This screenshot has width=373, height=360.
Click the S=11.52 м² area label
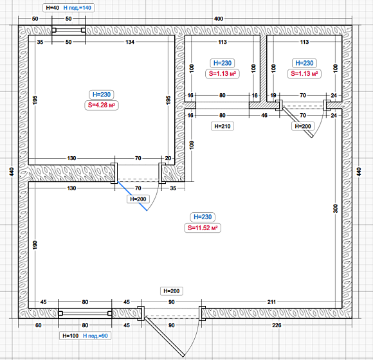203,228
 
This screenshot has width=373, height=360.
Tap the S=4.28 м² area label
102,105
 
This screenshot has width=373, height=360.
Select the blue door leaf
132,196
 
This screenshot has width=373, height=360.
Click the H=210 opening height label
223,126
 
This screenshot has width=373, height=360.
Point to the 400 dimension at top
219,19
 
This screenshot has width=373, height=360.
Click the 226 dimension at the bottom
277,325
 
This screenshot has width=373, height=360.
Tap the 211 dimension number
271,302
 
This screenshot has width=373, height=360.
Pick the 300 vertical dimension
335,208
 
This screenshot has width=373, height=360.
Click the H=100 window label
70,336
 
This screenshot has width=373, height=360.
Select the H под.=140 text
77,8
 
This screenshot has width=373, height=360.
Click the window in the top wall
69,30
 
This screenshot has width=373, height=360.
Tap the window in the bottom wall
85,313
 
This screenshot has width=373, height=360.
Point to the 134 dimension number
130,42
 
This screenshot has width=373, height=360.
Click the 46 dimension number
264,115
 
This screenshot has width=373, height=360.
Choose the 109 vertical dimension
192,145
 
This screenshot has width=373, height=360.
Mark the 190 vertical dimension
35,245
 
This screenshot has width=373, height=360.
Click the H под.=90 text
95,336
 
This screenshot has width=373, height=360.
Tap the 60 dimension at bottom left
39,325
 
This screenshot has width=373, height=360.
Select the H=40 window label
53,8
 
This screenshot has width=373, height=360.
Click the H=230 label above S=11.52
203,217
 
